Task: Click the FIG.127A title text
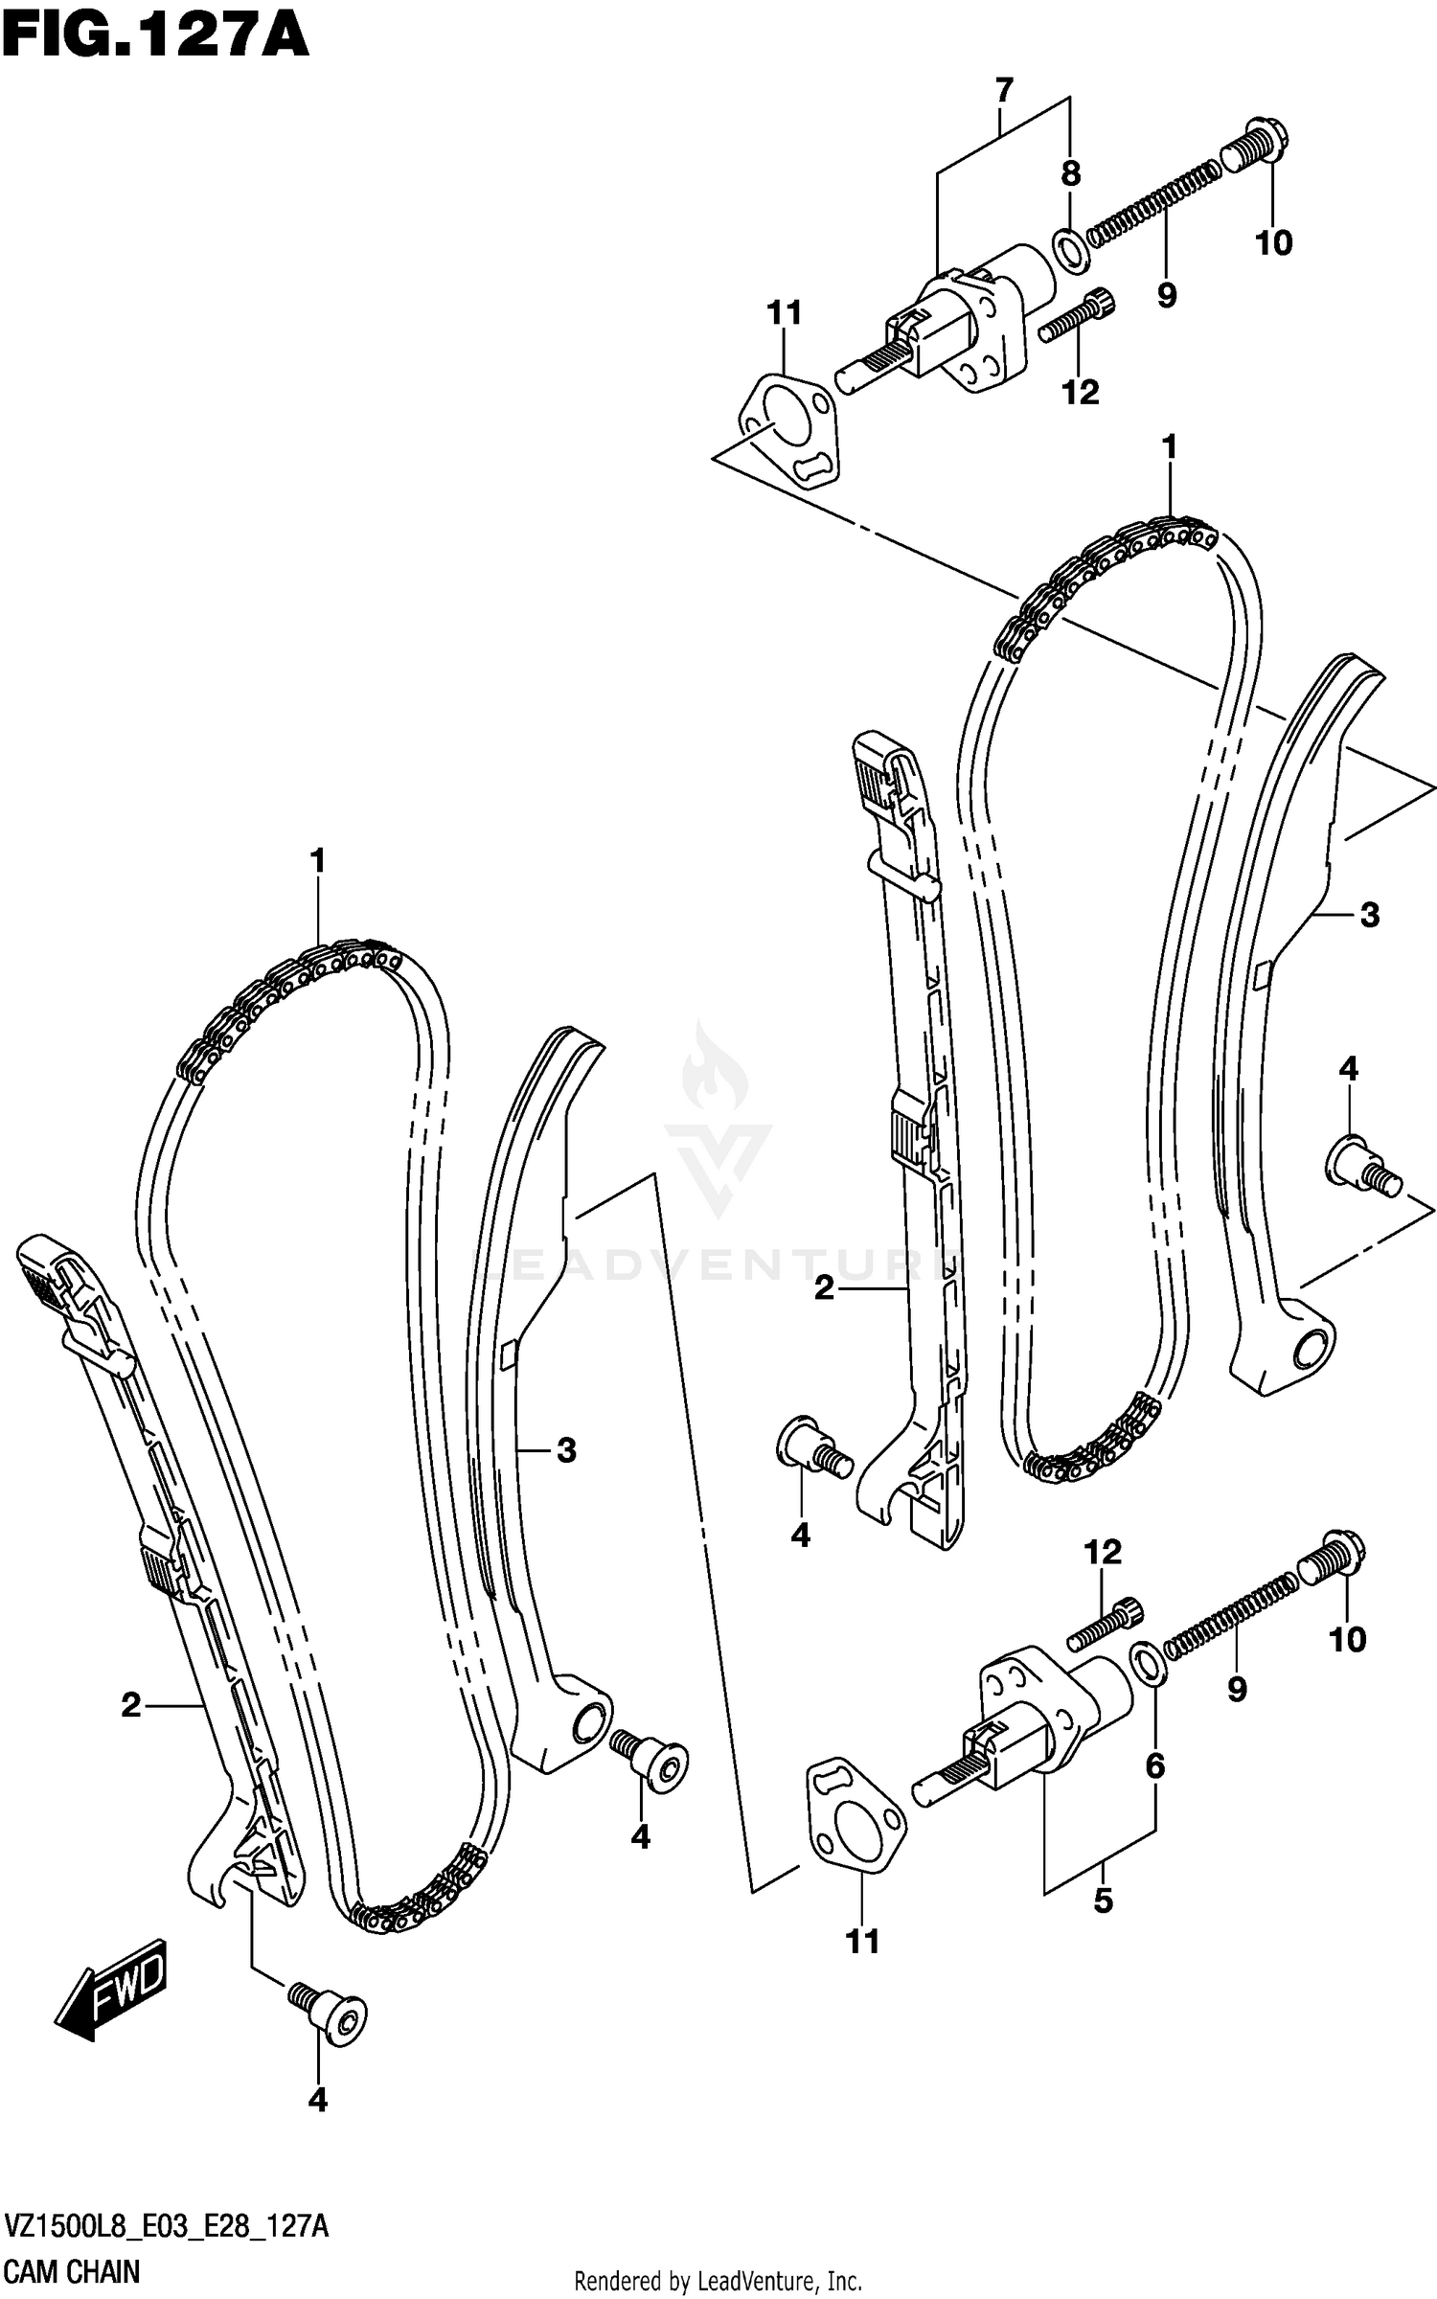click(x=155, y=38)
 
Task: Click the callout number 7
click(x=1003, y=91)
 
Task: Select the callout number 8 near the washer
click(x=1070, y=173)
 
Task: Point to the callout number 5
click(x=1103, y=1901)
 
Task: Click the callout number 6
click(x=1154, y=1764)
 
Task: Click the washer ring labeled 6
click(x=1149, y=1664)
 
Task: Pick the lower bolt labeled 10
click(x=1332, y=1559)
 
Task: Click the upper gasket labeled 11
click(x=788, y=429)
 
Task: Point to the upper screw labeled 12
click(x=1080, y=315)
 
